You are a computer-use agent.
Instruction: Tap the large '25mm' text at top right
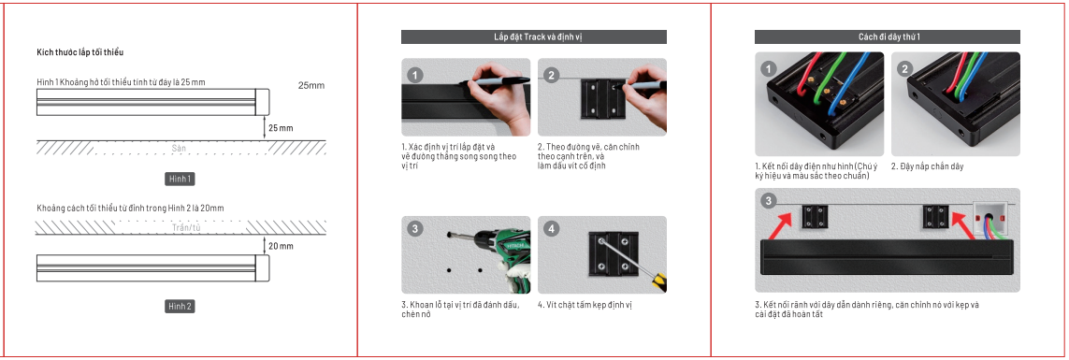311,85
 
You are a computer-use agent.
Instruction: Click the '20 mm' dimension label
281,246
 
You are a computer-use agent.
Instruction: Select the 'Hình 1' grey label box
179,179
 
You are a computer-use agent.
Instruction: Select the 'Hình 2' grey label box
180,306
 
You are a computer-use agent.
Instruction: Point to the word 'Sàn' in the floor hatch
180,149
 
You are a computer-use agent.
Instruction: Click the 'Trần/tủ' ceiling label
187,227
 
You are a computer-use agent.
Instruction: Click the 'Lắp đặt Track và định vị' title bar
533,37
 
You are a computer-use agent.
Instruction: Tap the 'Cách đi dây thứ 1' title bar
888,37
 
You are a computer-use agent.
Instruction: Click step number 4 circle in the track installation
552,229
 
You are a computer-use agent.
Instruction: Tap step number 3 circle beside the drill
414,229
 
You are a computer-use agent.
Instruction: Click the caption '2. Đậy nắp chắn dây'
927,166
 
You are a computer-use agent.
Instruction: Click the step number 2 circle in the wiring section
904,69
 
